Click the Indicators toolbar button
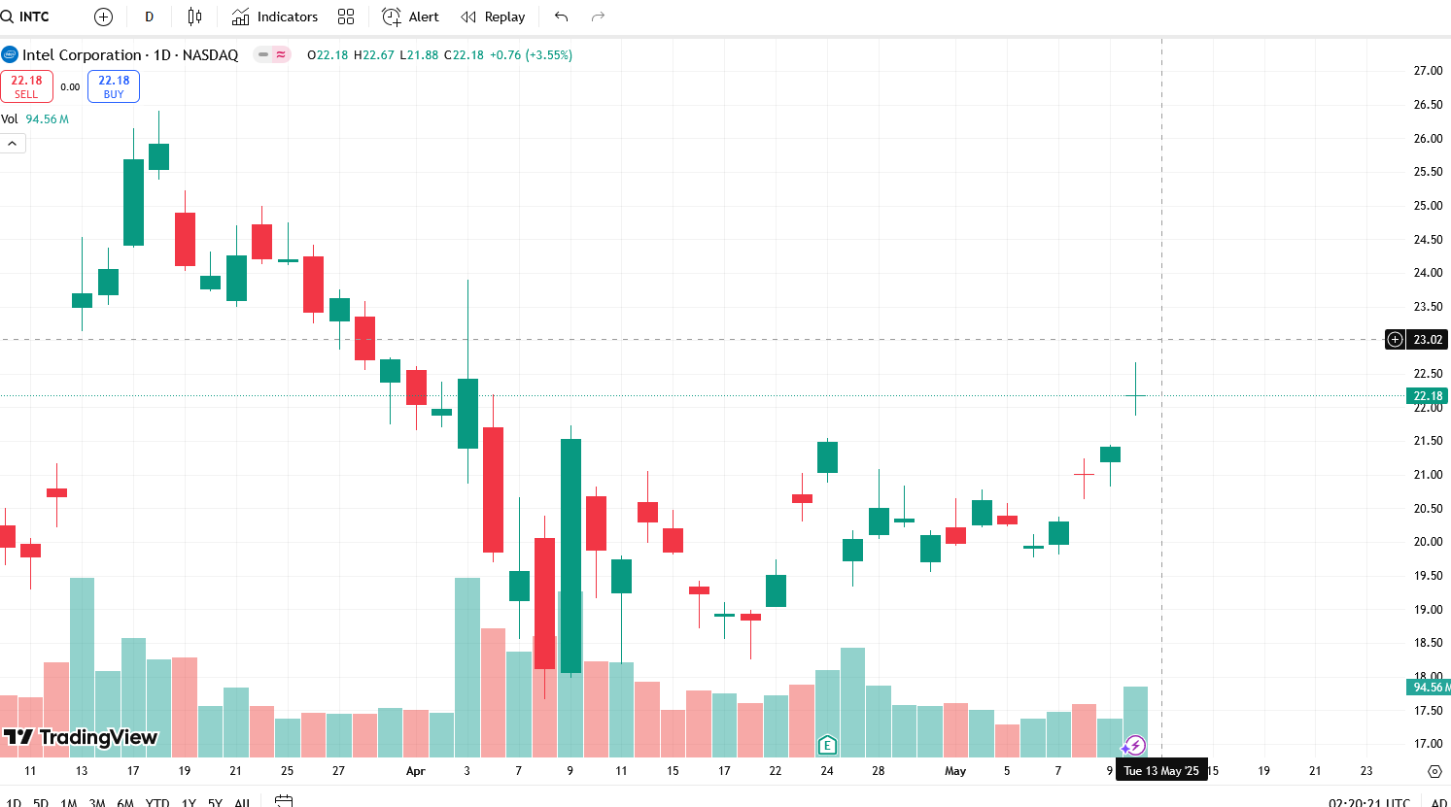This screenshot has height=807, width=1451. [x=275, y=17]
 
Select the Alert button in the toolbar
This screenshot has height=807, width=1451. [x=410, y=17]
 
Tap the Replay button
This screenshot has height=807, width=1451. [x=493, y=17]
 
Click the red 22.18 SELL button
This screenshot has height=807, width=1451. [x=26, y=86]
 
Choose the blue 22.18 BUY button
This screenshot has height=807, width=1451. [x=114, y=86]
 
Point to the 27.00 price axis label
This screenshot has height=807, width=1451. [x=1428, y=71]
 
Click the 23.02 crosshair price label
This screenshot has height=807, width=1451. [x=1428, y=340]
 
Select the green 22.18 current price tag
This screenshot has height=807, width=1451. [x=1428, y=396]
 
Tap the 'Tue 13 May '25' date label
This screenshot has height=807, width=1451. [x=1161, y=771]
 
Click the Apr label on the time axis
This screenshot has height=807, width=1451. [x=416, y=771]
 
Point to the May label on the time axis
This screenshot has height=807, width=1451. [x=955, y=771]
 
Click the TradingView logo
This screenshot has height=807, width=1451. [x=80, y=737]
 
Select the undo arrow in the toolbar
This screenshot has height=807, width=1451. [x=561, y=17]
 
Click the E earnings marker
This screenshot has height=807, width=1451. [x=827, y=746]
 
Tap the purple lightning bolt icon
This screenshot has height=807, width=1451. [x=1134, y=746]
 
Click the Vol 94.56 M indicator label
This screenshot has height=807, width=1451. [x=35, y=119]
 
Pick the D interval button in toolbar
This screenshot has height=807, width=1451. [x=149, y=17]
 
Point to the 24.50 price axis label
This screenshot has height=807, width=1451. [x=1428, y=240]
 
